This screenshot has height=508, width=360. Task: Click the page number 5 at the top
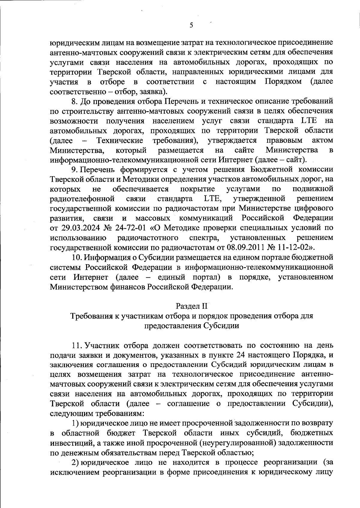click(191, 25)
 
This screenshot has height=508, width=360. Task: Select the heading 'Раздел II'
click(192, 306)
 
